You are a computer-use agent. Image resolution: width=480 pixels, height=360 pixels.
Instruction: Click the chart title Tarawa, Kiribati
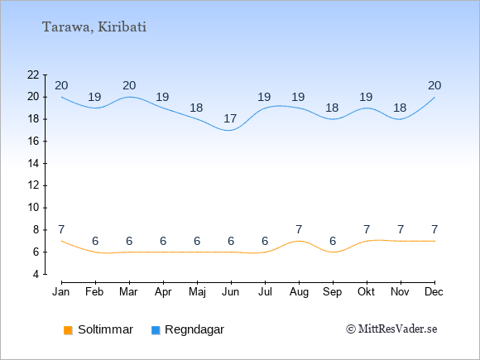94,27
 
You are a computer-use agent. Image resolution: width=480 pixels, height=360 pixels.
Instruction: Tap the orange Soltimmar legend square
68,330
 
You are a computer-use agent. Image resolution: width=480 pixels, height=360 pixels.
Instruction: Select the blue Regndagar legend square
156,330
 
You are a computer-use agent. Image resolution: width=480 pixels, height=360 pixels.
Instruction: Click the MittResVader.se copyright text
391,329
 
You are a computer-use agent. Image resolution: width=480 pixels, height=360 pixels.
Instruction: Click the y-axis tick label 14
33,164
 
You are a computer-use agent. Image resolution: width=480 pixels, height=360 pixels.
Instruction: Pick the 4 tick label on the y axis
36,274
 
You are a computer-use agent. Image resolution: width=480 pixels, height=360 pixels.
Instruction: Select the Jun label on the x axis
231,292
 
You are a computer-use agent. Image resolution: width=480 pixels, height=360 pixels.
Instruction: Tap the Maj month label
197,292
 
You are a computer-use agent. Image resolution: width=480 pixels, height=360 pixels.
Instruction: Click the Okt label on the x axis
366,292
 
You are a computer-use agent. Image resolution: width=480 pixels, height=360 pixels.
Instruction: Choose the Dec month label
434,292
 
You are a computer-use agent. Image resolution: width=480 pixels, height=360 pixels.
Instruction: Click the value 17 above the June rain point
230,118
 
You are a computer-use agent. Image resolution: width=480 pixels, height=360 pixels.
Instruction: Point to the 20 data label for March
129,85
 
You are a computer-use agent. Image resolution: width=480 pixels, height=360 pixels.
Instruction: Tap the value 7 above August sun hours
299,229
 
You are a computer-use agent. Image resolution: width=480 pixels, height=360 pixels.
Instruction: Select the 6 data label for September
333,241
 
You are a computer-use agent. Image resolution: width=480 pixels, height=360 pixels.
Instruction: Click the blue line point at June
230,130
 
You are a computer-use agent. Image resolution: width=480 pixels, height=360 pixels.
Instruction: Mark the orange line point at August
299,241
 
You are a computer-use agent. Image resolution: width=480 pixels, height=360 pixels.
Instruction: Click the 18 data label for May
196,108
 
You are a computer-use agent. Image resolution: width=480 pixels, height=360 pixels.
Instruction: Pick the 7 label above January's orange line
61,229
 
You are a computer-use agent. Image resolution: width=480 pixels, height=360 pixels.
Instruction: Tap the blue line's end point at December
434,97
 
